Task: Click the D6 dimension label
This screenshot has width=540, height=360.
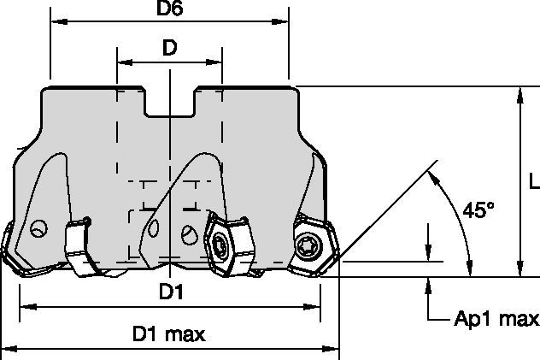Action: pos(169,9)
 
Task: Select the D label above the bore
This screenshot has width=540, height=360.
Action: pos(169,48)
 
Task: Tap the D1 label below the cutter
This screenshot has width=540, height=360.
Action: pos(171,292)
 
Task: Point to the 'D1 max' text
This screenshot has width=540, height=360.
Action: pos(169,333)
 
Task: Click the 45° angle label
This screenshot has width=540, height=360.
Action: pos(478,210)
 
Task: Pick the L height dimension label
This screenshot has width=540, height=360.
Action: pos(534,181)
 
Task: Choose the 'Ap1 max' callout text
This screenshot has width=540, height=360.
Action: pos(496,319)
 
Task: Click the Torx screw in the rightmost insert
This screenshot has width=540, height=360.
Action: pos(306,245)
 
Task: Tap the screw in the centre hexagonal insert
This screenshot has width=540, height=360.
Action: pos(220,245)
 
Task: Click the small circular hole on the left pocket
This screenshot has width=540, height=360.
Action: pos(39,228)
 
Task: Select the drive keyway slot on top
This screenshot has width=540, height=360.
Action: pos(169,102)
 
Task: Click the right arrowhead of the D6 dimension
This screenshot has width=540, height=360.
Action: pos(280,21)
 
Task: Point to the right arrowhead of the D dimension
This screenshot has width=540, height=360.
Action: pos(214,62)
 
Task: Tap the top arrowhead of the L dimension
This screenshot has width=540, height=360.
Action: pos(520,96)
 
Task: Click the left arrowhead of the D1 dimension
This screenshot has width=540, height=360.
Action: pos(28,307)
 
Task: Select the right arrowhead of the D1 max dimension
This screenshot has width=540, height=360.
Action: pos(331,349)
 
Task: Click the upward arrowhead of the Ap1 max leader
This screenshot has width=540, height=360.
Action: pos(428,286)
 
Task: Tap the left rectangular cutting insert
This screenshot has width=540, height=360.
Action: pos(79,246)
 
